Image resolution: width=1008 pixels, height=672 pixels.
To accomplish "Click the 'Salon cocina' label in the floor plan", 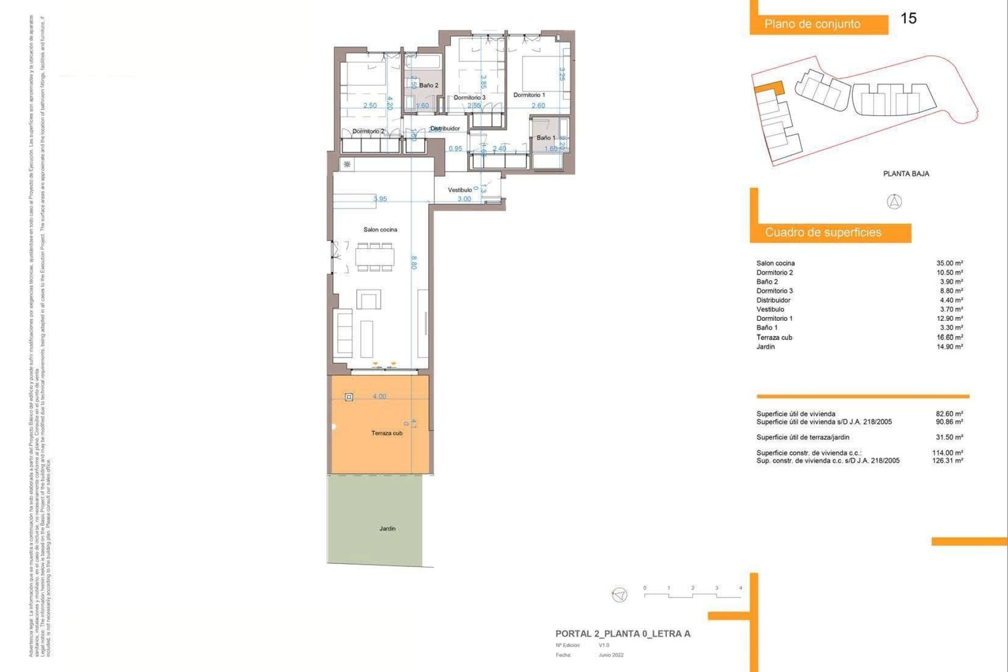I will [x=380, y=229].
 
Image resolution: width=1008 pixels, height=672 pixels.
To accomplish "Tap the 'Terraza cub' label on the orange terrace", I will [x=387, y=433].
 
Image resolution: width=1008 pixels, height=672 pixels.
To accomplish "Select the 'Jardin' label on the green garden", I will [x=387, y=529].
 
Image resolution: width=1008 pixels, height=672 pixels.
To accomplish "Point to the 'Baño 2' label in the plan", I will [x=428, y=85].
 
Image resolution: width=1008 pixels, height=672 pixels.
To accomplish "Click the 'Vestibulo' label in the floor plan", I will [x=459, y=190].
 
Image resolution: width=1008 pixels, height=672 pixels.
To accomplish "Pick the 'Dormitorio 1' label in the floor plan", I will [x=529, y=95].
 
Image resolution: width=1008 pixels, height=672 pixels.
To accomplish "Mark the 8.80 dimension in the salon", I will [x=414, y=262].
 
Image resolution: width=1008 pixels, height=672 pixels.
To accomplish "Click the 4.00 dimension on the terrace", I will [x=379, y=396].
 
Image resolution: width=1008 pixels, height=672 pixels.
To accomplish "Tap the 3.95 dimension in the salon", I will [x=380, y=199].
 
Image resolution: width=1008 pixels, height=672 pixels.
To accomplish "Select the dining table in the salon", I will [x=375, y=257].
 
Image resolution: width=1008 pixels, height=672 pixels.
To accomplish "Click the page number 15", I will [x=908, y=18].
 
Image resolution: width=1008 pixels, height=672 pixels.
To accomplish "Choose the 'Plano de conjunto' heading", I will [x=812, y=24].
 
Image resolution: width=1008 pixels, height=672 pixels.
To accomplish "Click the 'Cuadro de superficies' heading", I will [x=823, y=233].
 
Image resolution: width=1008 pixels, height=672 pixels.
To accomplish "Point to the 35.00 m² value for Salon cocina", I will [x=949, y=263].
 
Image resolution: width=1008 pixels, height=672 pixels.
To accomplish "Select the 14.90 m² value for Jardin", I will [x=949, y=346].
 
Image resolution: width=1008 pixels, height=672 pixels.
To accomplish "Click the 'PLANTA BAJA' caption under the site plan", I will [x=906, y=174].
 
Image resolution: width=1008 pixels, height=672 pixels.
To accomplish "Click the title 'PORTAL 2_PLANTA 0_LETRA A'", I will [x=623, y=634].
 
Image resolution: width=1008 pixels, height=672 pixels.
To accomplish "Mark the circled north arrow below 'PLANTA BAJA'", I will [x=894, y=202].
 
